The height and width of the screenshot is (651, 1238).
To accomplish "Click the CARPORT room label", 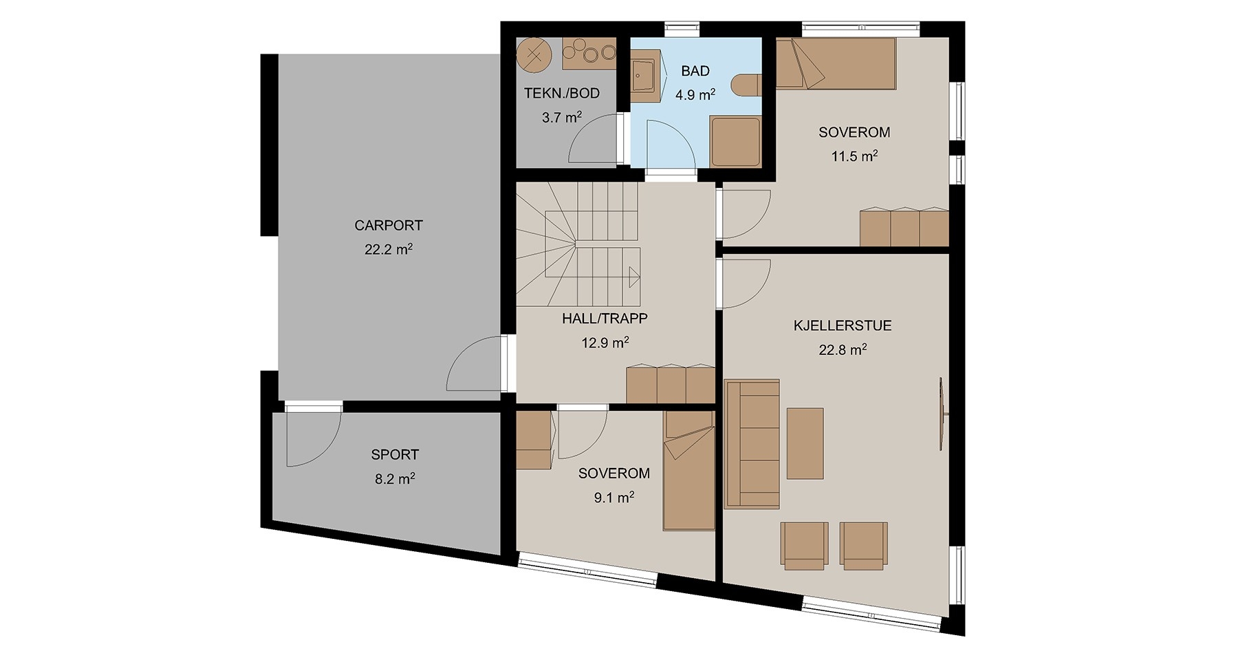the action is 389,226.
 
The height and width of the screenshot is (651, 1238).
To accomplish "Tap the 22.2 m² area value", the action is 389,249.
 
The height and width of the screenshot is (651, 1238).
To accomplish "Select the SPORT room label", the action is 395,455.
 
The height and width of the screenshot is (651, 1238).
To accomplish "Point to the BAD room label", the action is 695,71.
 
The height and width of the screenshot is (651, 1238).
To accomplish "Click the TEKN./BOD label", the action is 562,94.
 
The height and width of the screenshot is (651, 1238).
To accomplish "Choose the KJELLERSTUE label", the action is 843,325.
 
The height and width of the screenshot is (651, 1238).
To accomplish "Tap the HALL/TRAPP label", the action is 605,319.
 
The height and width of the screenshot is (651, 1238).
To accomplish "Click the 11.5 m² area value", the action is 854,156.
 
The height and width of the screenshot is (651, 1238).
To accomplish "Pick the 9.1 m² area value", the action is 614,497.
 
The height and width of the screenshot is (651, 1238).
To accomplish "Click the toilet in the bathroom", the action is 747,85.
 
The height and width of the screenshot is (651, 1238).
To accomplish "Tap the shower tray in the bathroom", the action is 735,142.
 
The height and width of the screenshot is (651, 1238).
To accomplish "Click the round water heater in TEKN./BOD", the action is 534,54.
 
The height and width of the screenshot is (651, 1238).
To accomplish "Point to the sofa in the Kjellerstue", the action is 752,444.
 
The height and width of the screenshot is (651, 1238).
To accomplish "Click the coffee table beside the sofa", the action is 805,443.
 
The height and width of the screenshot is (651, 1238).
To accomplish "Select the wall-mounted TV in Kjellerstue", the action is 943,414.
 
